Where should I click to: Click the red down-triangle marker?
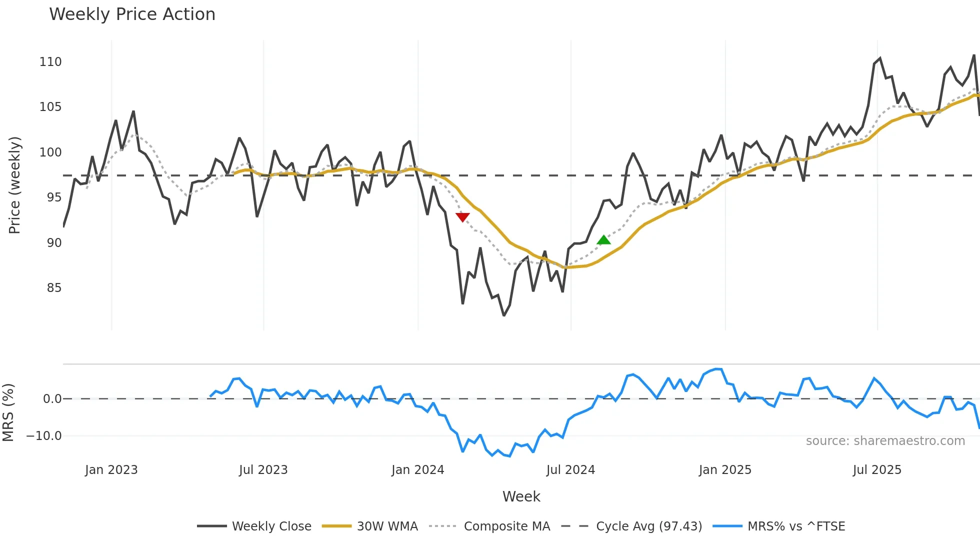[462, 217]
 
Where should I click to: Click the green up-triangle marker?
[603, 240]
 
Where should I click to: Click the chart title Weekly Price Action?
[132, 14]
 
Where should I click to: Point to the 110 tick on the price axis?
[50, 62]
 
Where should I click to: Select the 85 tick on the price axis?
[54, 288]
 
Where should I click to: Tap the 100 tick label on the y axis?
[50, 152]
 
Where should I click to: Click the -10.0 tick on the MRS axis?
[44, 436]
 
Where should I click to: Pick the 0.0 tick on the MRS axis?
[52, 399]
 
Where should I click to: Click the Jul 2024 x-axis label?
[570, 470]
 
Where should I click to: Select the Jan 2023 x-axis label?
[111, 470]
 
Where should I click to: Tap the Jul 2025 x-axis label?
[877, 470]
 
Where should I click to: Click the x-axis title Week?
[521, 496]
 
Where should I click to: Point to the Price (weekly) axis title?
[15, 185]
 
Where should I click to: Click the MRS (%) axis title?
[8, 412]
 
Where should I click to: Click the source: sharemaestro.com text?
[885, 441]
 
